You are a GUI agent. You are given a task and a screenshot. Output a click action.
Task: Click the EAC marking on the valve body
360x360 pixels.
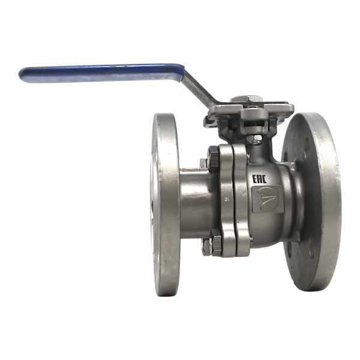click(259, 179)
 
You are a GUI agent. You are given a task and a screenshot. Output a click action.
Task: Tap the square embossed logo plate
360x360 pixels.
click(268, 199)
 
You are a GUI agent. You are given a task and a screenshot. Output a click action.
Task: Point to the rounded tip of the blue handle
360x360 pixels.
click(20, 74)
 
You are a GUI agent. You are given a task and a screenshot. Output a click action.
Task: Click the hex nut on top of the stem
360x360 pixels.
click(247, 99)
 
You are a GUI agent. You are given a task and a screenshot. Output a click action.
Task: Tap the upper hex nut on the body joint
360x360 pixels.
click(214, 158)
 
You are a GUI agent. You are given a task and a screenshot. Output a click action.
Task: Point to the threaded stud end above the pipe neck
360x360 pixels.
click(203, 163)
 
